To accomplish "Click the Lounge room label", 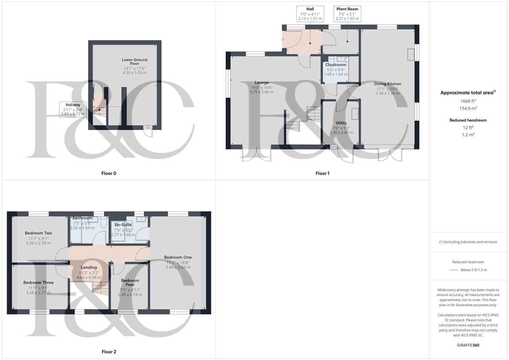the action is point(262,83).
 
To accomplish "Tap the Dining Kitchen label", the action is point(387,84).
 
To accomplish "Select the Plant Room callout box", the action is point(347,14).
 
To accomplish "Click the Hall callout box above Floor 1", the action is point(310,14).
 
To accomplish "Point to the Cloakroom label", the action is point(336,65).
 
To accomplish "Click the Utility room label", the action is point(341,123).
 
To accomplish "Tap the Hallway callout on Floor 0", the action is point(73,109).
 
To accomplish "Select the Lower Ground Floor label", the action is point(135,62).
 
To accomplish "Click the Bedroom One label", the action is point(178,257).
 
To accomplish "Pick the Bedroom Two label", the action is point(38,233).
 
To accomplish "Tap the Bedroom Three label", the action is point(38,283).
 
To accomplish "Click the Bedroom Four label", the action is point(130,283).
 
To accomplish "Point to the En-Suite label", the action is point(123,225).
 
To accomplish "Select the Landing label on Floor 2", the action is point(89,267).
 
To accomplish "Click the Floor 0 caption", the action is point(109,173).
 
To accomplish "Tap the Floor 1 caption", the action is point(322,173).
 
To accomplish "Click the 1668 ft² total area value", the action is point(468,101).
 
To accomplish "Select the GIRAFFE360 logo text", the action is point(468,345).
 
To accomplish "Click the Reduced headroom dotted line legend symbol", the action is point(454,270).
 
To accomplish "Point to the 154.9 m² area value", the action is point(468,108).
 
